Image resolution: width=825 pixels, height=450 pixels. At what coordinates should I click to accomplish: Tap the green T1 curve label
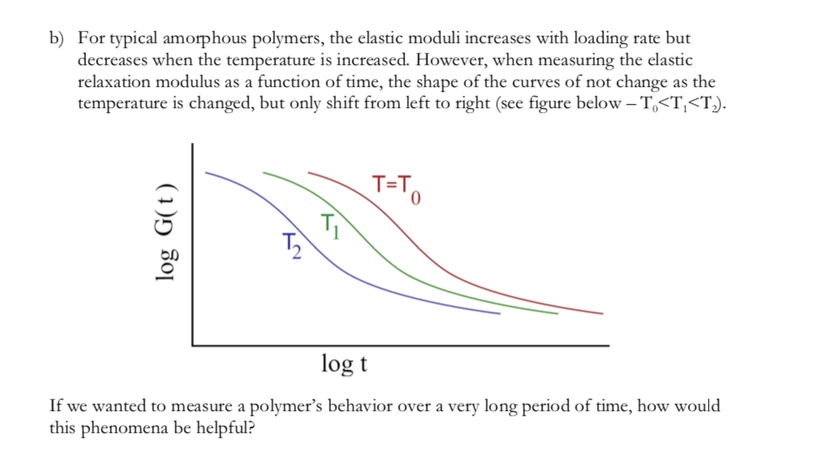point(329,223)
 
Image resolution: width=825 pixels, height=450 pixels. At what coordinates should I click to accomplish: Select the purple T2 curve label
point(292,244)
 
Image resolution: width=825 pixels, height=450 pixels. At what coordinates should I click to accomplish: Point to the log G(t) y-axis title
point(166,243)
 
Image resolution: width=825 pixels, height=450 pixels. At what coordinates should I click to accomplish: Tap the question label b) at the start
point(58,39)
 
